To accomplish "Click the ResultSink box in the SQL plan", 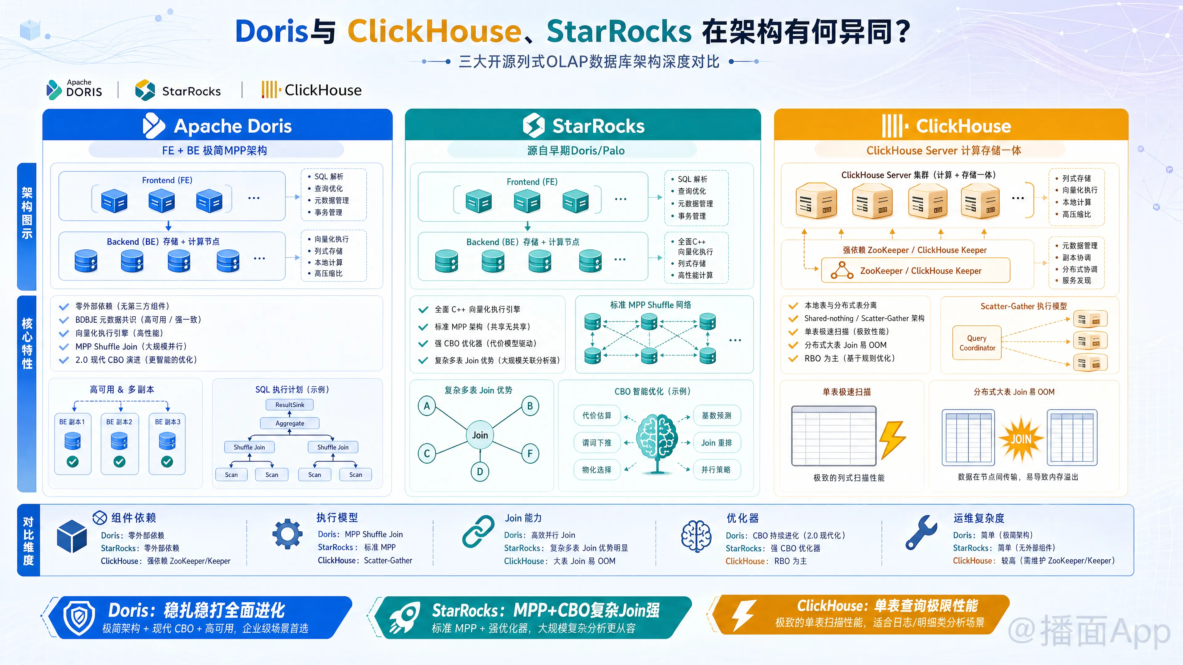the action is [x=290, y=405].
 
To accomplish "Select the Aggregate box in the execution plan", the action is [x=290, y=423].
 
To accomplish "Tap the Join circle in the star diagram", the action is [x=480, y=435].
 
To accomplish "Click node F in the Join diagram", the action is [x=530, y=454].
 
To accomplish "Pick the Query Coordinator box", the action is [x=977, y=343].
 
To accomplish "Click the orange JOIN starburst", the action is [x=1021, y=439].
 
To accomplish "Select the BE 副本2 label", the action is [x=119, y=422].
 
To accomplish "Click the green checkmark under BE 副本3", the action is [x=167, y=462].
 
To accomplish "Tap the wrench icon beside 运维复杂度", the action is [x=921, y=532].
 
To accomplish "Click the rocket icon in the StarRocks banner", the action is [x=404, y=617].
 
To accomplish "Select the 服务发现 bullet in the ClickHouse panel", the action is [x=1076, y=280].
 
